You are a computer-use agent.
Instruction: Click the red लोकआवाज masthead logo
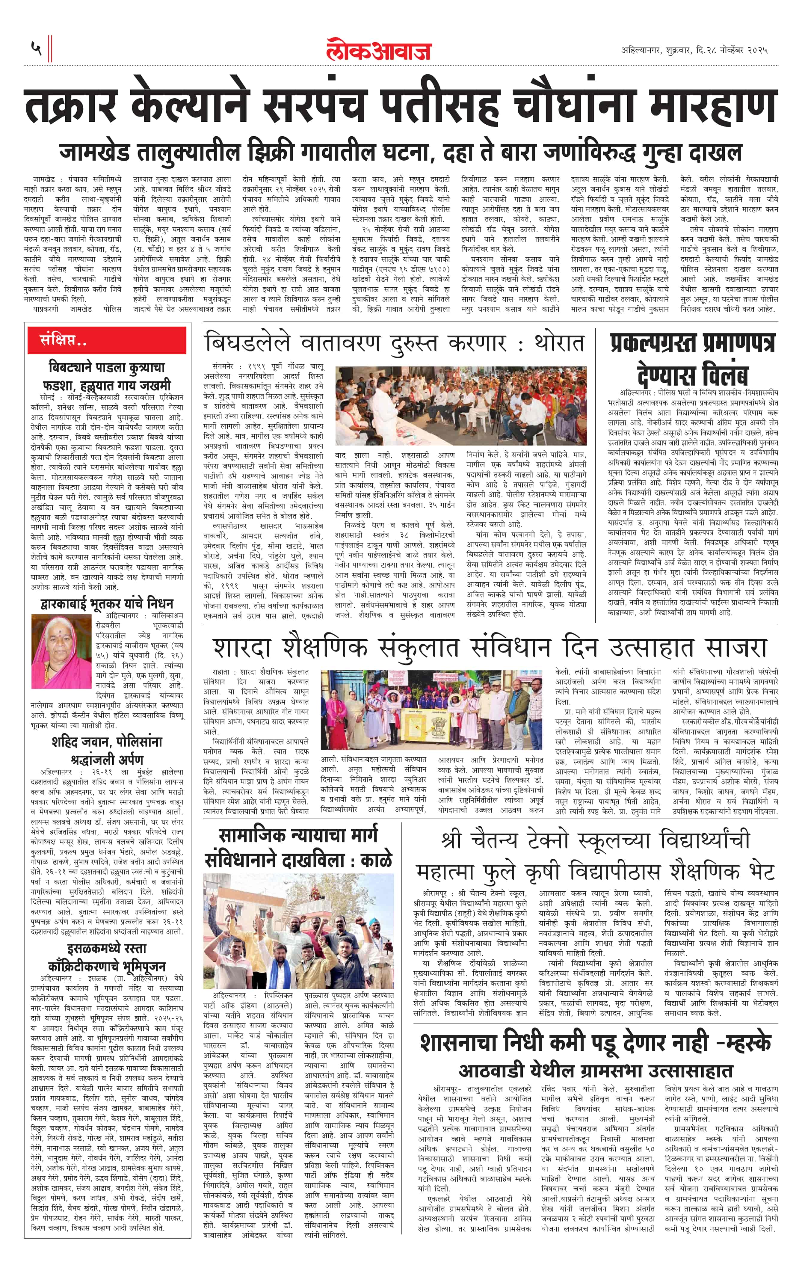[x=378, y=50]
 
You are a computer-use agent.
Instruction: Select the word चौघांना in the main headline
[x=573, y=106]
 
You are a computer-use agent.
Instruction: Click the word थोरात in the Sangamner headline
[x=559, y=343]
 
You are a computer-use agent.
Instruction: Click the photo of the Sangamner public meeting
[x=461, y=406]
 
